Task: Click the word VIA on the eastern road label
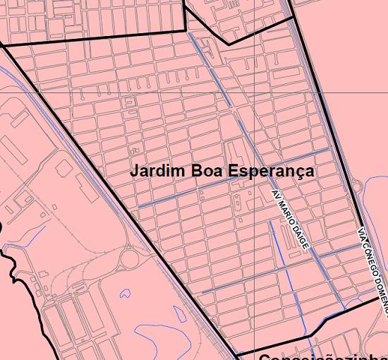click(361, 234)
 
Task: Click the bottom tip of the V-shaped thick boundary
click(227, 44)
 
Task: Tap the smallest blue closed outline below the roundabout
click(125, 292)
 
